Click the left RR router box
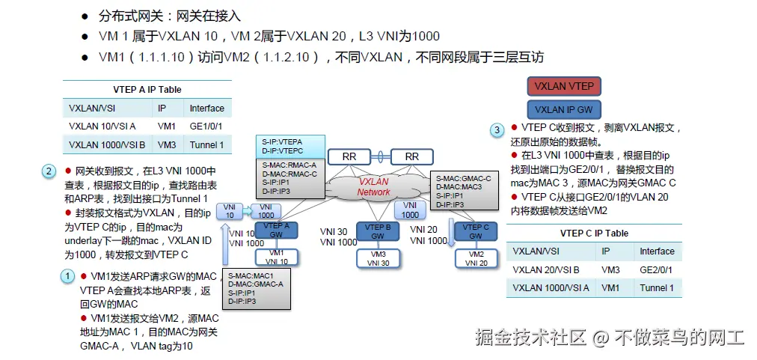349,156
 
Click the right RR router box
411,156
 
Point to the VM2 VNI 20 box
476,258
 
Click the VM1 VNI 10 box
278,257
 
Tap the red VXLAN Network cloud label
373,186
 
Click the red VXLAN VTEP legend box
565,86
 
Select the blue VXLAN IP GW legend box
565,109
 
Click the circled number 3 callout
497,130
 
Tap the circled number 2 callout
49,171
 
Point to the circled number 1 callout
68,275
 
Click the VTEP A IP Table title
147,90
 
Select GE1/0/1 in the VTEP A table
206,126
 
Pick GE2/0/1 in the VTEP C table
657,269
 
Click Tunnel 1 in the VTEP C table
657,288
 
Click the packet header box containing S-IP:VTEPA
292,146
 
